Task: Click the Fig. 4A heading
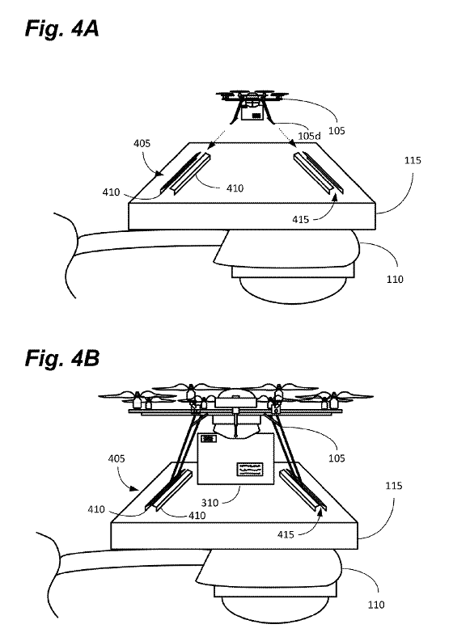(61, 29)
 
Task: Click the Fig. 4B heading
(62, 358)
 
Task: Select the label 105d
(309, 136)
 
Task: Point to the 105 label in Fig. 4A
(337, 131)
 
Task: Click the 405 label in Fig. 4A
(142, 143)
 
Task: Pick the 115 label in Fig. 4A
(413, 161)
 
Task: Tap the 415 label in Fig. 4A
(300, 219)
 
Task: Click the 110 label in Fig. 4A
(395, 279)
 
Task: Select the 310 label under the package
(210, 503)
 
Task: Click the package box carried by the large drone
(236, 458)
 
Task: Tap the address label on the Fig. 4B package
(250, 469)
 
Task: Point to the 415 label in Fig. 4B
(286, 534)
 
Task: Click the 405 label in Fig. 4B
(116, 458)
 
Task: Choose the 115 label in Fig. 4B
(394, 486)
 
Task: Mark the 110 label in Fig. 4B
(376, 605)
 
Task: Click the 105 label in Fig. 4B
(337, 458)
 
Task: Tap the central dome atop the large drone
(236, 398)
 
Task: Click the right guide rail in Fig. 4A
(319, 172)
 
